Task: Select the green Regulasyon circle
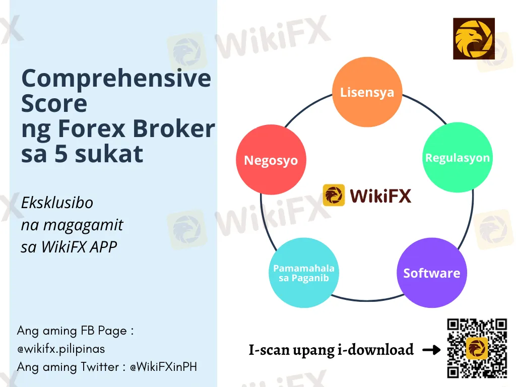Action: coord(457,157)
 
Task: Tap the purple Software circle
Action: coord(431,273)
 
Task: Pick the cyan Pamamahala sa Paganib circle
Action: coord(303,273)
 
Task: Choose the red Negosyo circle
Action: coord(271,160)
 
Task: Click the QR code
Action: coord(477,348)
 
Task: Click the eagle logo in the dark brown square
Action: coord(473,38)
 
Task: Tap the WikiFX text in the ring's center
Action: coord(380,195)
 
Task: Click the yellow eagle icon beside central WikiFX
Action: coord(334,195)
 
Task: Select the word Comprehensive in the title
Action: coord(116,79)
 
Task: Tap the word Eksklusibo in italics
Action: coord(57,203)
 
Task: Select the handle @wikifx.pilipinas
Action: coord(61,348)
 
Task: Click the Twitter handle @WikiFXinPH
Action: coord(163,366)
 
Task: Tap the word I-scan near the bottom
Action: coord(271,350)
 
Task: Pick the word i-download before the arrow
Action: coord(379,350)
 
